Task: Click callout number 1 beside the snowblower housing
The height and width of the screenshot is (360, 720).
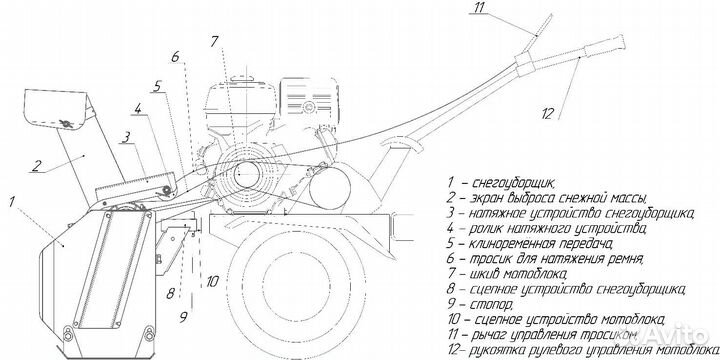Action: pos(12,201)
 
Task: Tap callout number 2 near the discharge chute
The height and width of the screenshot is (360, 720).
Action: pos(36,165)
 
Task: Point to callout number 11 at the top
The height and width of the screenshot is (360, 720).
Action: pos(480,7)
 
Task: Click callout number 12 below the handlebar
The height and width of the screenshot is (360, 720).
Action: pos(547,113)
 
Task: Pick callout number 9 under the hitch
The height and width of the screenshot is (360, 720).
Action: pos(183,316)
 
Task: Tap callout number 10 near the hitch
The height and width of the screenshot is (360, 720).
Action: pos(212,281)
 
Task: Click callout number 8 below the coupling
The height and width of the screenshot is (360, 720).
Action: pos(170,293)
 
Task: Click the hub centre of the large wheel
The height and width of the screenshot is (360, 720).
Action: pos(296,280)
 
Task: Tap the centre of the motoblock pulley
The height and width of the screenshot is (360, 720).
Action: pos(247,175)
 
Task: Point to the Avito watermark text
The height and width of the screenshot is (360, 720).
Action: pos(676,336)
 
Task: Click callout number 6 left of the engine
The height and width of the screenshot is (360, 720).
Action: pos(175,56)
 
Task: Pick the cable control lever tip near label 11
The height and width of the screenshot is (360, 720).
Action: pos(549,17)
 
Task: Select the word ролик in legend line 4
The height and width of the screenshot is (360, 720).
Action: pos(488,227)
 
